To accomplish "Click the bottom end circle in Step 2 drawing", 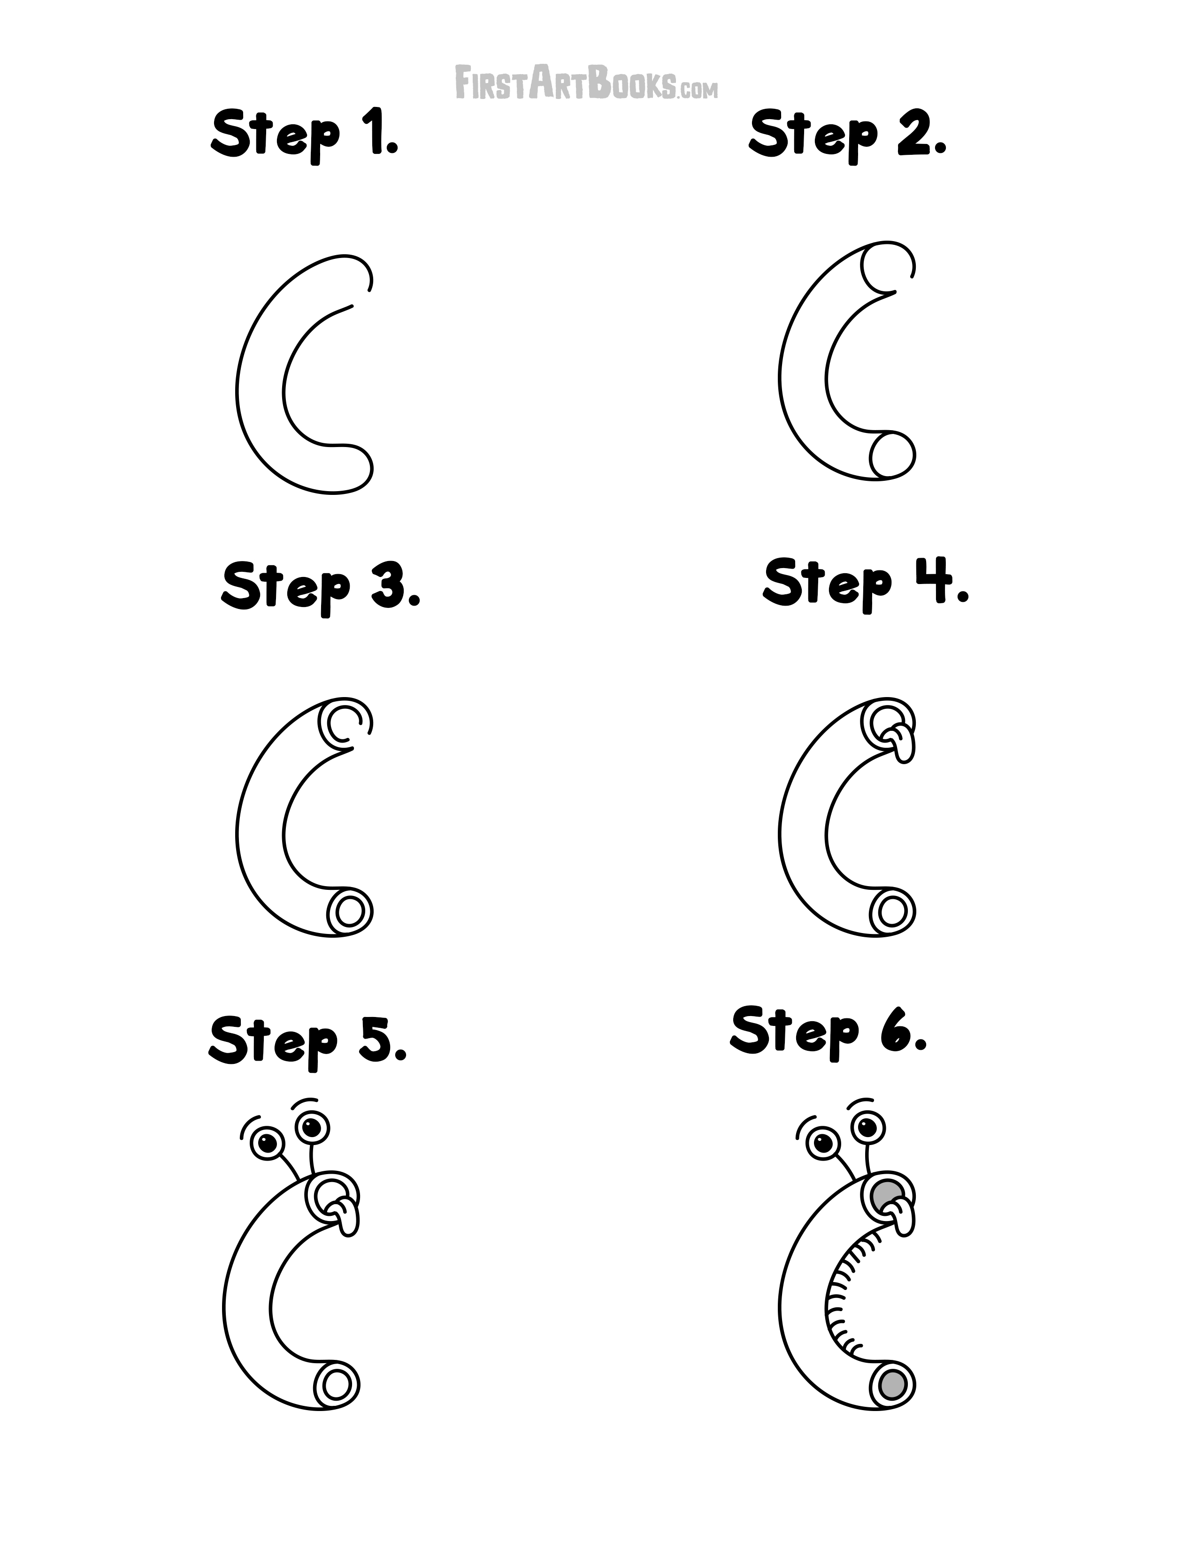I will point(892,455).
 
